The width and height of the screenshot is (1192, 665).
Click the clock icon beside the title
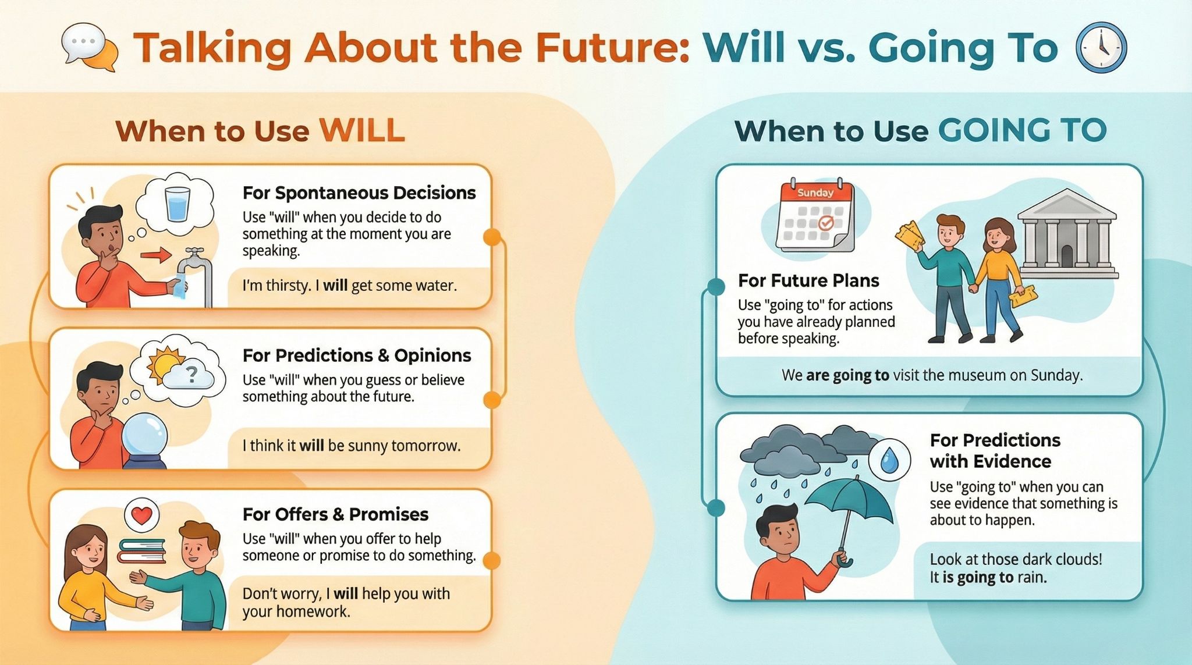1101,48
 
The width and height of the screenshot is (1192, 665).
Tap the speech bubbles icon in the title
90,48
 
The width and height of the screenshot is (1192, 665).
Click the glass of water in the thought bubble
177,204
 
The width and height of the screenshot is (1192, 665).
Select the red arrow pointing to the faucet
156,255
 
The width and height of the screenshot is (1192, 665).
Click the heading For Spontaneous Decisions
359,193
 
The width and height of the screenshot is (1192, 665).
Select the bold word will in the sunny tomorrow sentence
311,446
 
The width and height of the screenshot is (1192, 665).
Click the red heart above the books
142,515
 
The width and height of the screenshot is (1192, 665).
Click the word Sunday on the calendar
815,193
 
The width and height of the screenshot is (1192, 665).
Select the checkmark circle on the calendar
826,223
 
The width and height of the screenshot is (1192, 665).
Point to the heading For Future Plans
808,281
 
